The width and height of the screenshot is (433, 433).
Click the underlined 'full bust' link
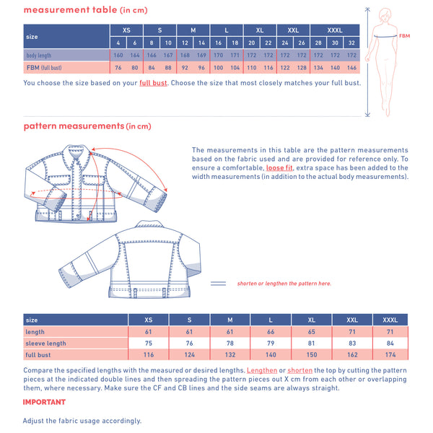tap(153, 83)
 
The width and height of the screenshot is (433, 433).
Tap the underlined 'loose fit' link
tap(279, 167)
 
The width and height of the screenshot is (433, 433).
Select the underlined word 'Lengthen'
tap(262, 370)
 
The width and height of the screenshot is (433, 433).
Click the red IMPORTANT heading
tap(44, 402)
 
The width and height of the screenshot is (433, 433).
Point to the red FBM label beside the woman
tap(404, 36)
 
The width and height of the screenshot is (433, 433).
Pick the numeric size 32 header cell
tap(351, 43)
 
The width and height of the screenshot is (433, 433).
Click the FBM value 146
tap(351, 68)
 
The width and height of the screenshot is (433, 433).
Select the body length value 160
tap(118, 56)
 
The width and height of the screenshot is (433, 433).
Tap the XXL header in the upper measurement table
tap(293, 30)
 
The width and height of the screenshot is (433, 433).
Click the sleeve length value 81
tap(311, 343)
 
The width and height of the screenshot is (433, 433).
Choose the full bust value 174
tap(390, 354)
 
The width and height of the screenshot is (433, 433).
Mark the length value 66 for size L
tap(271, 332)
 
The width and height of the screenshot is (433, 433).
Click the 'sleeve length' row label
tap(46, 344)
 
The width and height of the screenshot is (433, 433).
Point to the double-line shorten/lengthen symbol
tap(218, 284)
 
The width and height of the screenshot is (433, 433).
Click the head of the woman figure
tap(385, 14)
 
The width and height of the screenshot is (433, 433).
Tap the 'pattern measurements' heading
tap(74, 126)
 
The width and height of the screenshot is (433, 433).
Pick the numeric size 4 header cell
tap(118, 43)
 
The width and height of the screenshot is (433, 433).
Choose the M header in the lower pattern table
tap(230, 320)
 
